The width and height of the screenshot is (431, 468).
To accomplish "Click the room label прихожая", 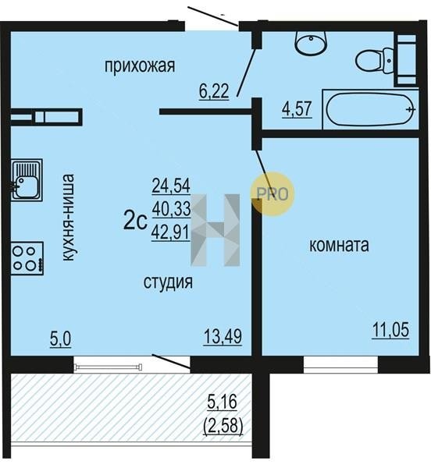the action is tap(140, 66).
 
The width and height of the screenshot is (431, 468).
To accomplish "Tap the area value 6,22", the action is tap(214, 91).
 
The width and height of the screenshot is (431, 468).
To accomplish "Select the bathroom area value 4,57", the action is tap(297, 108).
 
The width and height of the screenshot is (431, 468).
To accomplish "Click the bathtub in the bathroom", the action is tap(371, 110).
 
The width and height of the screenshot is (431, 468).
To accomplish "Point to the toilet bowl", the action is tap(374, 60).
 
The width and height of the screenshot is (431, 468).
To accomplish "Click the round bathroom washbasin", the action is tap(311, 44).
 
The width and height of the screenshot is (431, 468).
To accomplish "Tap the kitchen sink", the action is tap(27, 179).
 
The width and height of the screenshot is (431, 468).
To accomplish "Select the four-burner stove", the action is tap(27, 258).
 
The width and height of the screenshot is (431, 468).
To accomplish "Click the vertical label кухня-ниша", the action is tap(68, 218).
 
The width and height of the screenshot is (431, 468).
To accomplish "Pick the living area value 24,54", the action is tap(171, 186).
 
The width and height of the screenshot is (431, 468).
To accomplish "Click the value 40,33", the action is tap(172, 209).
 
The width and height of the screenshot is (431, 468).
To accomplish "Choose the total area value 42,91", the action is tap(171, 232).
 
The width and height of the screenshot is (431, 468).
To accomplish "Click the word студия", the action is tap(168, 282).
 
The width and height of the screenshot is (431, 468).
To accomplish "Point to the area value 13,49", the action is tap(223, 337).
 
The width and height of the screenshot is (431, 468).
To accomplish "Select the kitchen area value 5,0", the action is tap(61, 339).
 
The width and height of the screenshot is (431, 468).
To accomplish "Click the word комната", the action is tap(339, 246).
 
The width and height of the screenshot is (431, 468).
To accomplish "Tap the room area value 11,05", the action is tap(390, 330).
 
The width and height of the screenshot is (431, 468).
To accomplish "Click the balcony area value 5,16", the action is tap(223, 402).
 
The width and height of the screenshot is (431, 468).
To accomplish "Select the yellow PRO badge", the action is tap(272, 194).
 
